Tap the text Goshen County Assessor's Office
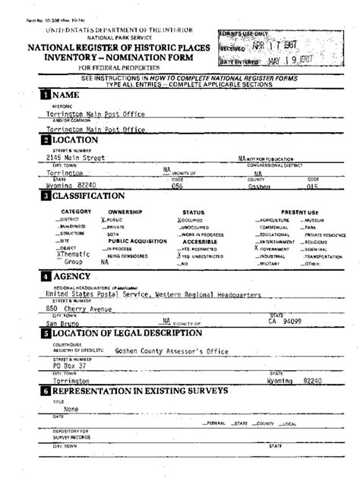161,351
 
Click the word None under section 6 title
71,408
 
